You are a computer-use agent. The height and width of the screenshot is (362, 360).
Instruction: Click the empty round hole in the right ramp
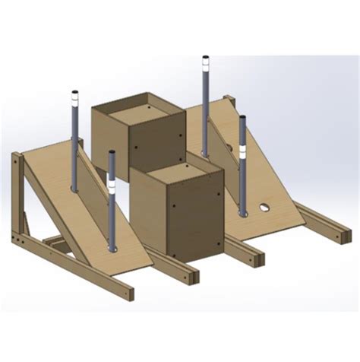click(264, 206)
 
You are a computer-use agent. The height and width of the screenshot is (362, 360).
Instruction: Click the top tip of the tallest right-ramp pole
click(205, 57)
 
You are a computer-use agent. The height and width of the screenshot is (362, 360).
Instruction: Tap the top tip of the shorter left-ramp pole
click(112, 152)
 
